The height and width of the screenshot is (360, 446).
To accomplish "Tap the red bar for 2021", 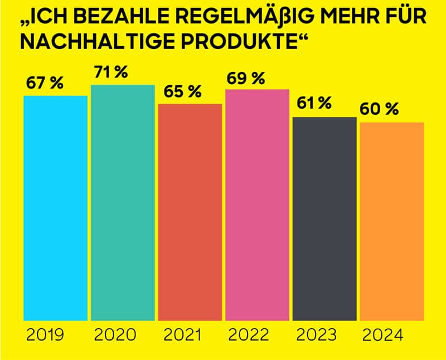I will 190,212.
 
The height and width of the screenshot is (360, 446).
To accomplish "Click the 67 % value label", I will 45,84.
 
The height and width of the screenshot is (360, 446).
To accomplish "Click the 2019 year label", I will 45,335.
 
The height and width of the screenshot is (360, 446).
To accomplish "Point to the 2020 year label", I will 115,335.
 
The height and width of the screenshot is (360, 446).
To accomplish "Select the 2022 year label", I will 249,335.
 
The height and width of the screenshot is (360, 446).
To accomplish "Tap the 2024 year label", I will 383,335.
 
